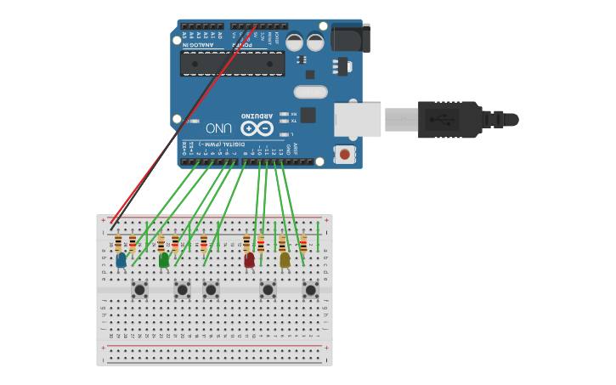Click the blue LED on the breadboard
(121, 260)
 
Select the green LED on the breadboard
(163, 260)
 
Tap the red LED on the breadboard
(249, 260)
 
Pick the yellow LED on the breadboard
(285, 260)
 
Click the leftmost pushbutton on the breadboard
(139, 290)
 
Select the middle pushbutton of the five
(211, 290)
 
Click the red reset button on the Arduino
(344, 154)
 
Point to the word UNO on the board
(218, 128)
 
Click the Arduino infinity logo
(257, 128)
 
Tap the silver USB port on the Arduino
(358, 120)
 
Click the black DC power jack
(350, 38)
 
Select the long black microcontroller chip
(232, 64)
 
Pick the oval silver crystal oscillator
(311, 92)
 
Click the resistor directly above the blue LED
(118, 243)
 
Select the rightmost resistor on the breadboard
(303, 244)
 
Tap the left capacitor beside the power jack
(294, 42)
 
